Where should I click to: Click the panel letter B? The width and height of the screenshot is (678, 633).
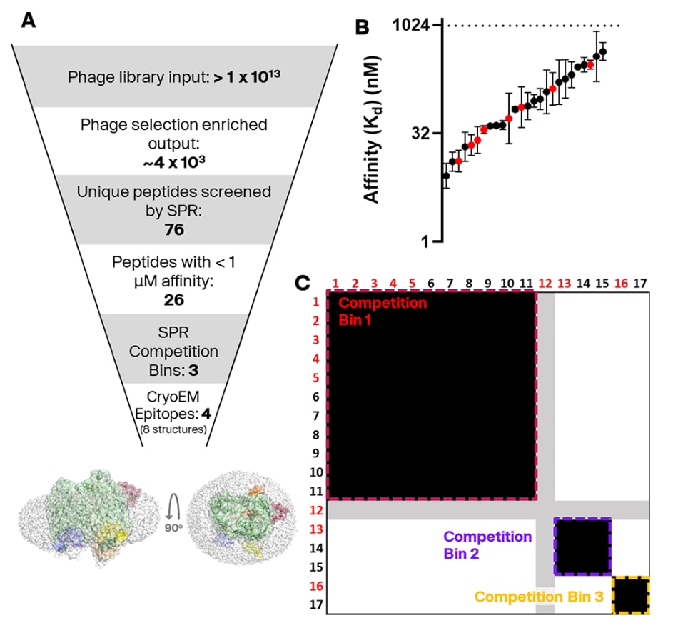[363, 27]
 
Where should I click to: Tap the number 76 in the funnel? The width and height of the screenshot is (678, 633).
[174, 229]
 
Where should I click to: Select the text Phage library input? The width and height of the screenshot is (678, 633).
[138, 76]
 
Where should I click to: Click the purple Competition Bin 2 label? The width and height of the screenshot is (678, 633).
[487, 544]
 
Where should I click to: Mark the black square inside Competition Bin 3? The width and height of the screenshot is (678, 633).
[631, 595]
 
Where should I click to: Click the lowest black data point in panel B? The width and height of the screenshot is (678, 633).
[446, 175]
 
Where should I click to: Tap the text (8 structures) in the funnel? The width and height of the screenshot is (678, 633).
[174, 429]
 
